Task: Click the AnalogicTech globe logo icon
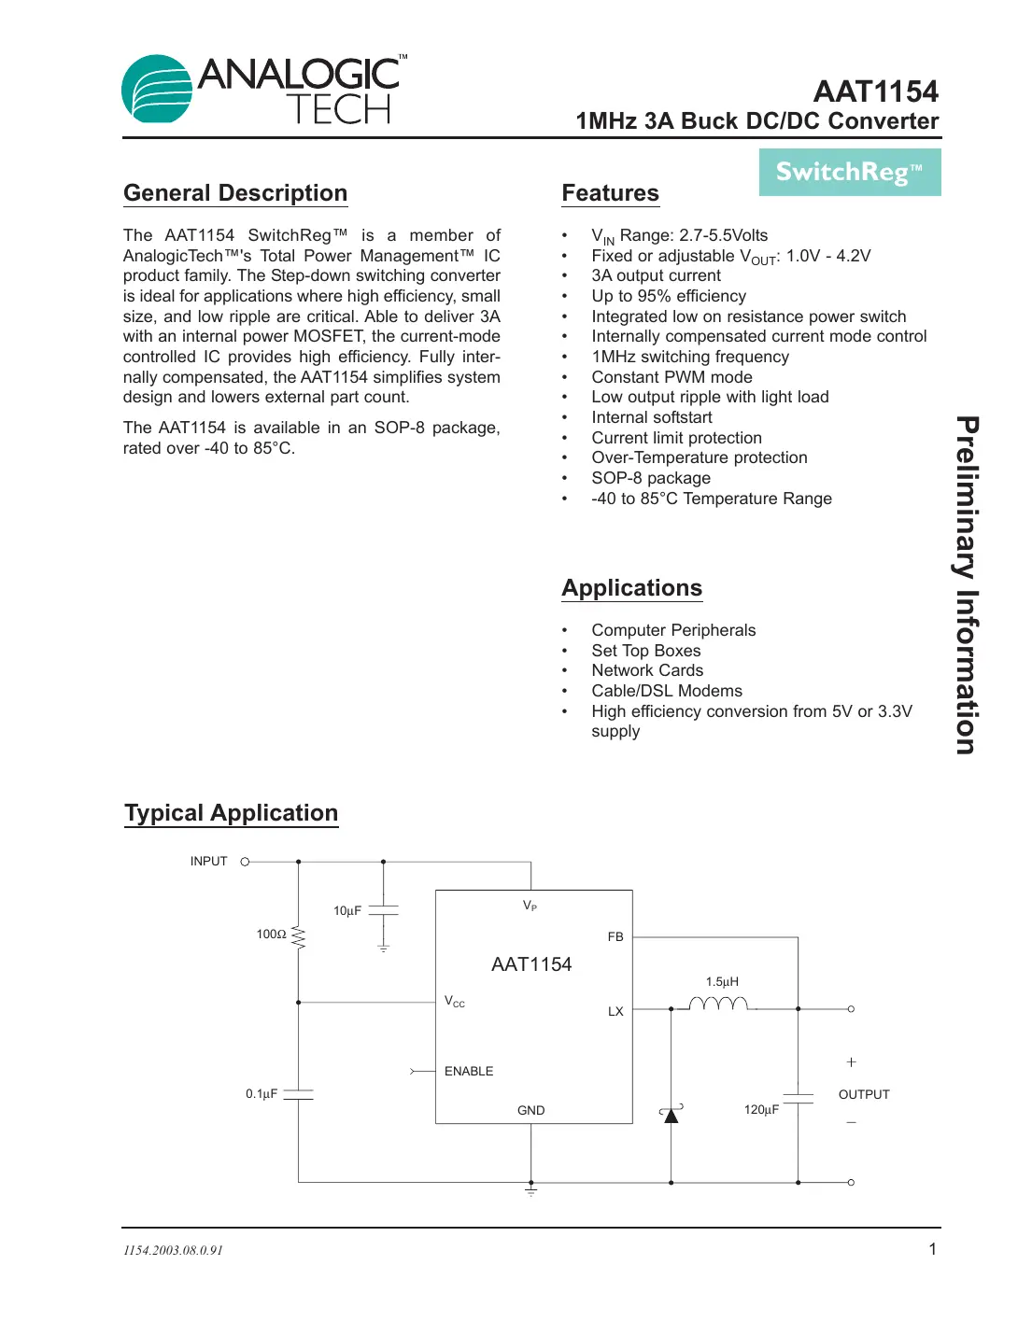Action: (156, 89)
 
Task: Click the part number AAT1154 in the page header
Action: (875, 91)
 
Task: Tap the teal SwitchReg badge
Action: (849, 172)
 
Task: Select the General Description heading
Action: (235, 193)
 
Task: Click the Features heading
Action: (610, 193)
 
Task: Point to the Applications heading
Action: (631, 588)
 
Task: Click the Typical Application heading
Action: (232, 813)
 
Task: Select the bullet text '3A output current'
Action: (656, 275)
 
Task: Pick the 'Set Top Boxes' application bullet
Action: (645, 651)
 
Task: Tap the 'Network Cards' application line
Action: (647, 670)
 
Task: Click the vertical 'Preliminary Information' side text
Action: (967, 584)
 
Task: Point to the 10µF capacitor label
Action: (347, 911)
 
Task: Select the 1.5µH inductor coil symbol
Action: (717, 1004)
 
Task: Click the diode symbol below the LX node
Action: (671, 1114)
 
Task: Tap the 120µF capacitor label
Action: (761, 1110)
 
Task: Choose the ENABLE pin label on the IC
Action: (469, 1071)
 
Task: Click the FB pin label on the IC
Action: (615, 936)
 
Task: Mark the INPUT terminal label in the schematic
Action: (209, 862)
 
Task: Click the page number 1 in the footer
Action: (932, 1249)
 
